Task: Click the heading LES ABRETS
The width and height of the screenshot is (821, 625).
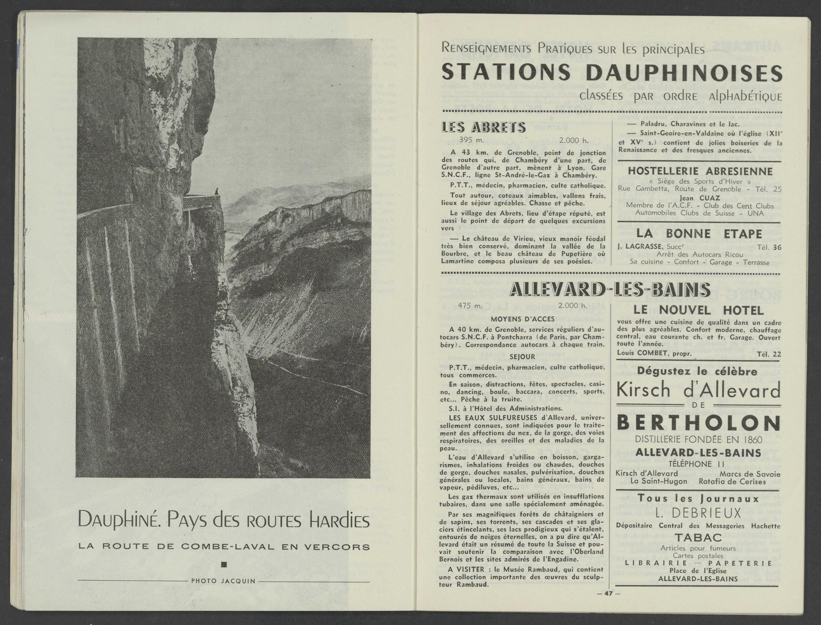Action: (x=483, y=127)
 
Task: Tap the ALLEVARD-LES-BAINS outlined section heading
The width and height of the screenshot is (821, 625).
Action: (x=610, y=290)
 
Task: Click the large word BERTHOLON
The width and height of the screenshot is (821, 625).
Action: (x=698, y=423)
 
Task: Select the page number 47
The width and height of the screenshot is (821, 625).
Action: (x=608, y=593)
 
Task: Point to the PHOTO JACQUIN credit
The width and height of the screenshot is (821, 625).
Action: (x=223, y=581)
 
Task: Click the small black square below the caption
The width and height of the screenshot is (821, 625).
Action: (x=224, y=565)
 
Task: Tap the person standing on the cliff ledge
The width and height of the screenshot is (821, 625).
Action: (x=217, y=191)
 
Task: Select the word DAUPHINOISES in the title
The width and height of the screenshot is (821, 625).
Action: (x=684, y=73)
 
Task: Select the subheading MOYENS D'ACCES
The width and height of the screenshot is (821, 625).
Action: (x=523, y=319)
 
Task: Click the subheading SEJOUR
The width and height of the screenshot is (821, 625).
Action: (x=522, y=357)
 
